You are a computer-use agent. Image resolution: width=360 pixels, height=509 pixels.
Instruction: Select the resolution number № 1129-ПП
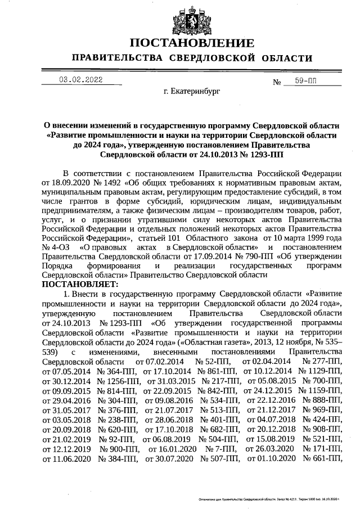point(319,371)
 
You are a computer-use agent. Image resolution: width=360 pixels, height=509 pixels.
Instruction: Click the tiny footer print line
point(269,499)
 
